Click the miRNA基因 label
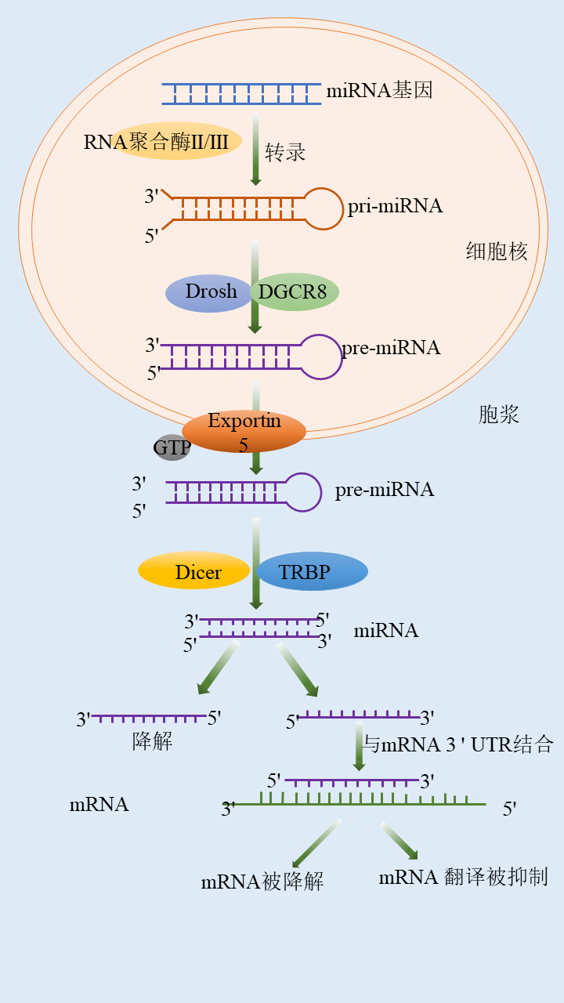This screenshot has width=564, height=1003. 379,91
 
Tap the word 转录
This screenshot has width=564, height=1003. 285,152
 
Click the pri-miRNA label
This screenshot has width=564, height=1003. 396,206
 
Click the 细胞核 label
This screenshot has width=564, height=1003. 497,252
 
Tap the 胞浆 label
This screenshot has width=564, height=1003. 499,415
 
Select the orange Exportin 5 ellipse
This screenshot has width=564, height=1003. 244,431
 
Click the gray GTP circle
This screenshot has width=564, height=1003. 171,448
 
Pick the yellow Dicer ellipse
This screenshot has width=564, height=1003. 194,571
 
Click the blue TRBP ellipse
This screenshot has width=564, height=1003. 312,572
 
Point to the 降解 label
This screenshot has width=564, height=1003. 153,741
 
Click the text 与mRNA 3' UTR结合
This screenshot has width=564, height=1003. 458,744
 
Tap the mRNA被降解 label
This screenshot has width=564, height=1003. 262,882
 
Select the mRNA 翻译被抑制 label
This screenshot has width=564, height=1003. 463,877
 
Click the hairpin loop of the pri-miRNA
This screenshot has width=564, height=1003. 323,208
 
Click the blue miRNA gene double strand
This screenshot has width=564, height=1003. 241,93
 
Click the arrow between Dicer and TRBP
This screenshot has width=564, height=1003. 255,564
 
